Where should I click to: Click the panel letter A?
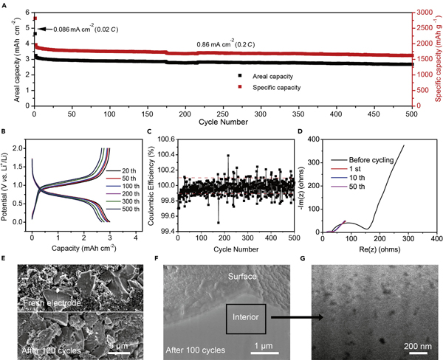point(4,5)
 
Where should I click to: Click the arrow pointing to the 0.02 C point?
point(43,29)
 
